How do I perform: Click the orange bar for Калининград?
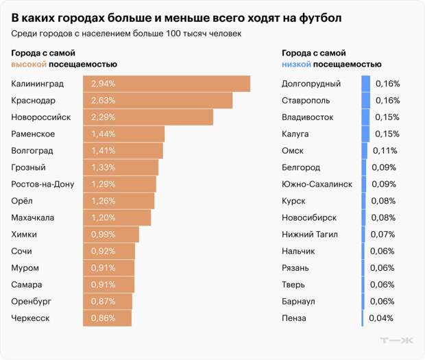tap(167, 84)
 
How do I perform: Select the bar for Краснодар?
tap(158, 101)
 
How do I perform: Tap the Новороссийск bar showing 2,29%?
tap(148, 117)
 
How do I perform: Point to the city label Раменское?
tap(33, 134)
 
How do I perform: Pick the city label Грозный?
tap(29, 167)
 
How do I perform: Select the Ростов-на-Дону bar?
tap(120, 184)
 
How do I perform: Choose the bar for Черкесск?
tap(108, 318)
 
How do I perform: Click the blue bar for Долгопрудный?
tap(366, 84)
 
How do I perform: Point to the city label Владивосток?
tap(308, 117)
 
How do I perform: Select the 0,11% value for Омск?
tap(383, 151)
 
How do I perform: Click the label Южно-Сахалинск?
tap(317, 184)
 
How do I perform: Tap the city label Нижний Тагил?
tap(310, 235)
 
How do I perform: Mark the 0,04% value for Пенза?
tap(380, 318)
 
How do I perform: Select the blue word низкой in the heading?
tap(297, 64)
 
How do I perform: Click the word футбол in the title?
tap(319, 16)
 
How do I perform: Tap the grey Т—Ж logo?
tap(397, 341)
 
